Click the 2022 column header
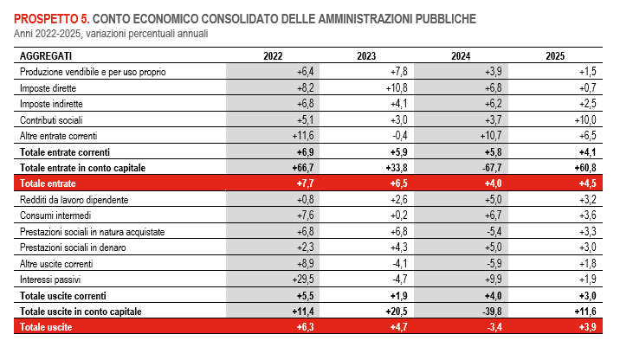(273, 55)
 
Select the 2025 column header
(555, 55)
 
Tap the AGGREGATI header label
(46, 55)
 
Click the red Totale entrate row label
(48, 183)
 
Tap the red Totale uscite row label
(46, 328)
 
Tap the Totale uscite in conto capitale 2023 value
(394, 312)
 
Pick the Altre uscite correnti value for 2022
(303, 264)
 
